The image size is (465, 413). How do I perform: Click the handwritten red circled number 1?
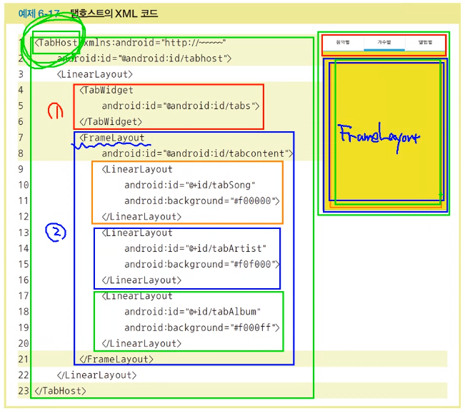point(54,111)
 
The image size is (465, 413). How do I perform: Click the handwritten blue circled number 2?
point(56,232)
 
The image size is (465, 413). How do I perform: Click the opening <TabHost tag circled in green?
point(56,43)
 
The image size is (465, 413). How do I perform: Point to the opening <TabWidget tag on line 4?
point(106,90)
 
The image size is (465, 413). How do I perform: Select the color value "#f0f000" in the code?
point(251,265)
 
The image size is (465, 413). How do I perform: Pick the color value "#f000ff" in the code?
point(251,328)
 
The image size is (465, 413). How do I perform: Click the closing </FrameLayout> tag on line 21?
point(116,360)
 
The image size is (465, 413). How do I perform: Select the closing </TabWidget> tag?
point(109,122)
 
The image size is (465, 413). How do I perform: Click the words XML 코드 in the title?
point(136,14)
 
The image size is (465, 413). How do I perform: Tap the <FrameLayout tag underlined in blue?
point(112,138)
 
